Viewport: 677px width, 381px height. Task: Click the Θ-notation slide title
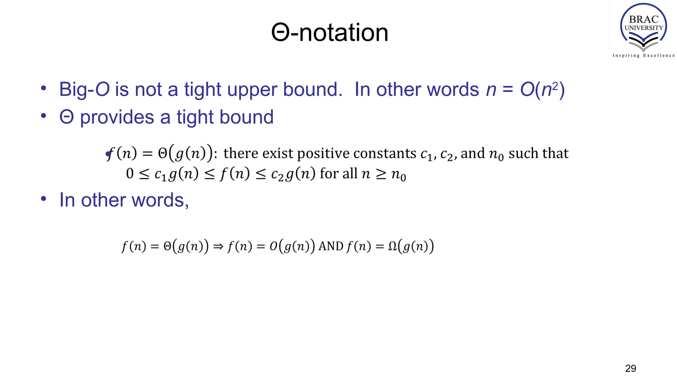click(330, 33)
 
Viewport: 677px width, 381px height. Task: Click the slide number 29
click(630, 368)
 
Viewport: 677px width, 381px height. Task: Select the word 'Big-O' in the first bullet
click(84, 89)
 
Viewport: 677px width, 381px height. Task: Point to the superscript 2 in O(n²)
click(555, 85)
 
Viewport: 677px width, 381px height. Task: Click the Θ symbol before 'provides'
click(66, 117)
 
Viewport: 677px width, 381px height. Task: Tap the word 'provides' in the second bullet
click(117, 117)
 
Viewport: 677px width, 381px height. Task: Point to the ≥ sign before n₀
click(381, 174)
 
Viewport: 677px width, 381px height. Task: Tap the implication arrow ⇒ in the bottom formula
click(218, 246)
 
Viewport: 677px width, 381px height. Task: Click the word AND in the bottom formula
click(331, 246)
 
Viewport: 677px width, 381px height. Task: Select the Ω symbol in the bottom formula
click(392, 246)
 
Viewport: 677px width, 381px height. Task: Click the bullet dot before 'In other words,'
click(43, 199)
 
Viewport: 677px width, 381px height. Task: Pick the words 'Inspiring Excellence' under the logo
click(643, 56)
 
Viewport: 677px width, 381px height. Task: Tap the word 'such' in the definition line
click(521, 153)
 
